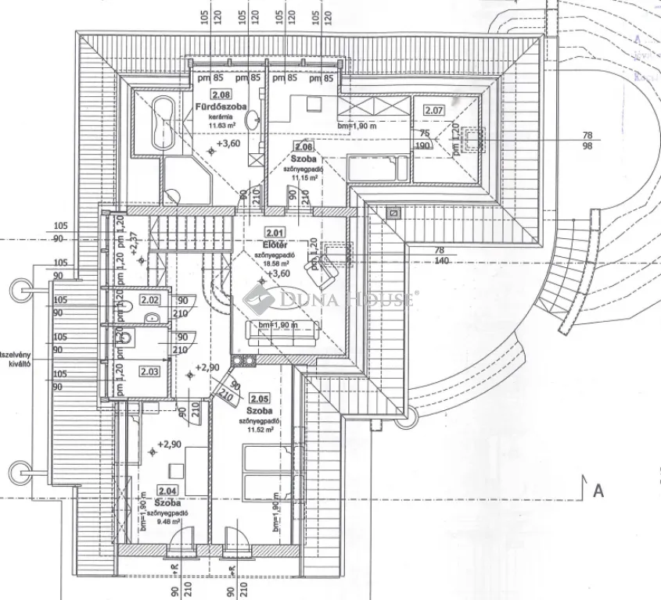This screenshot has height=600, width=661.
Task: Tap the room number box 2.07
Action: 433,110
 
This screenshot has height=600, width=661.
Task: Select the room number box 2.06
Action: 304,146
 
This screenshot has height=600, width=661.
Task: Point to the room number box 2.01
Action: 275,232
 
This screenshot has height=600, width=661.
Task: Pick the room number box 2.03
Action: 149,372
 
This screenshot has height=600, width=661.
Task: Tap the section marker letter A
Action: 598,491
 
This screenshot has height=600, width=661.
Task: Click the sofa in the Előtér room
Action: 281,329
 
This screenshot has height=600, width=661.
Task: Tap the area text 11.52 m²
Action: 258,429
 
